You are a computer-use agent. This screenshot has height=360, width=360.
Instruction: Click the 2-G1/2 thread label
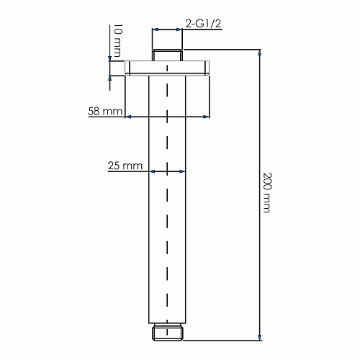pyautogui.click(x=203, y=24)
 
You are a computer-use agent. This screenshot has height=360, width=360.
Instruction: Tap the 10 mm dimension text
pyautogui.click(x=117, y=40)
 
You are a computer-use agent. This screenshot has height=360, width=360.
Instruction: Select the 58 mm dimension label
pyautogui.click(x=105, y=111)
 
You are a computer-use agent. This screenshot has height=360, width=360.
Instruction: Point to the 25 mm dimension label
pyautogui.click(x=125, y=166)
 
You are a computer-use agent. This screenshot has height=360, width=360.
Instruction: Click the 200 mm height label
pyautogui.click(x=267, y=192)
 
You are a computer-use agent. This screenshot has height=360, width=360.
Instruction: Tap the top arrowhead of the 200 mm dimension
pyautogui.click(x=259, y=53)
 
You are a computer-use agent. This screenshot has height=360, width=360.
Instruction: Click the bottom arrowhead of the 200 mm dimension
pyautogui.click(x=259, y=337)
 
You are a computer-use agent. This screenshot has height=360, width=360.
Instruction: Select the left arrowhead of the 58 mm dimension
pyautogui.click(x=128, y=117)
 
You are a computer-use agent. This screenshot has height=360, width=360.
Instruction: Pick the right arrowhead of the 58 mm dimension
pyautogui.click(x=207, y=117)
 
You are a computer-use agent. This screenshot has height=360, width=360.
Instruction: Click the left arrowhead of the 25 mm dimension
pyautogui.click(x=152, y=171)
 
